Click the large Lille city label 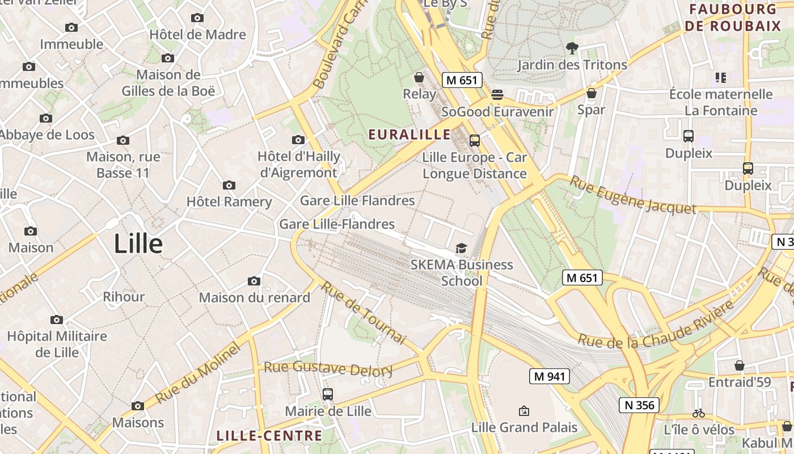tap(138, 244)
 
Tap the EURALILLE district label tap(409, 134)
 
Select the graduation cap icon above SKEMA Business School tap(461, 249)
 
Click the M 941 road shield tap(549, 376)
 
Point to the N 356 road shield tap(639, 405)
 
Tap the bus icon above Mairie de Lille tap(327, 394)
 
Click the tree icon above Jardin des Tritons tap(572, 48)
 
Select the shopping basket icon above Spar tap(592, 93)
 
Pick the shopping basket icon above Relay tap(419, 77)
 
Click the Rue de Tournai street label tap(364, 312)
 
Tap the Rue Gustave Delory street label tap(328, 369)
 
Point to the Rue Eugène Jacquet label tap(632, 195)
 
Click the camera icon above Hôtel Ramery tap(229, 186)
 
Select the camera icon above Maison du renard tap(254, 281)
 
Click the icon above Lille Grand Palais tap(524, 411)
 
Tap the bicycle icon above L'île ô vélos tap(699, 414)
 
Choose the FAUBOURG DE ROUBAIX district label tap(732, 18)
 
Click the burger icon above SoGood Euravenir tap(497, 95)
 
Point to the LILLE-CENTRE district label tap(269, 436)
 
